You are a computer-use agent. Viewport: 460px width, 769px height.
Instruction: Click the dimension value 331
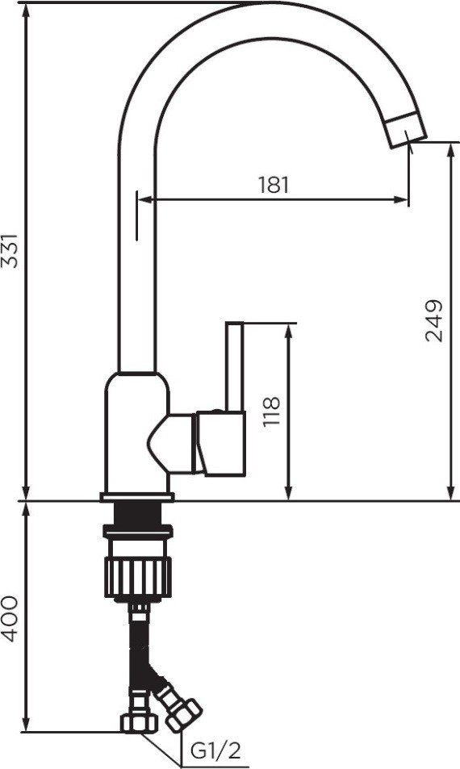pyautogui.click(x=10, y=251)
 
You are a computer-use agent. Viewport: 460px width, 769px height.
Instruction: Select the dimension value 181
pyautogui.click(x=274, y=185)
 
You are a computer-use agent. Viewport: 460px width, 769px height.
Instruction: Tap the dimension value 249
pyautogui.click(x=433, y=320)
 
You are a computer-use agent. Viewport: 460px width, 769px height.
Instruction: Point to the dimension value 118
pyautogui.click(x=270, y=412)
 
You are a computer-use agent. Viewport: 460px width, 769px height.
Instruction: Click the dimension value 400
pyautogui.click(x=10, y=619)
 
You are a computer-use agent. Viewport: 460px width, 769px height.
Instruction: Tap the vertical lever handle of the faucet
pyautogui.click(x=234, y=366)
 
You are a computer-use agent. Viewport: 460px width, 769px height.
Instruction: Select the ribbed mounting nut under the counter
pyautogui.click(x=138, y=577)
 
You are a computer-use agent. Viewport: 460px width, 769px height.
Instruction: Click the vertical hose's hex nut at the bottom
pyautogui.click(x=140, y=722)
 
